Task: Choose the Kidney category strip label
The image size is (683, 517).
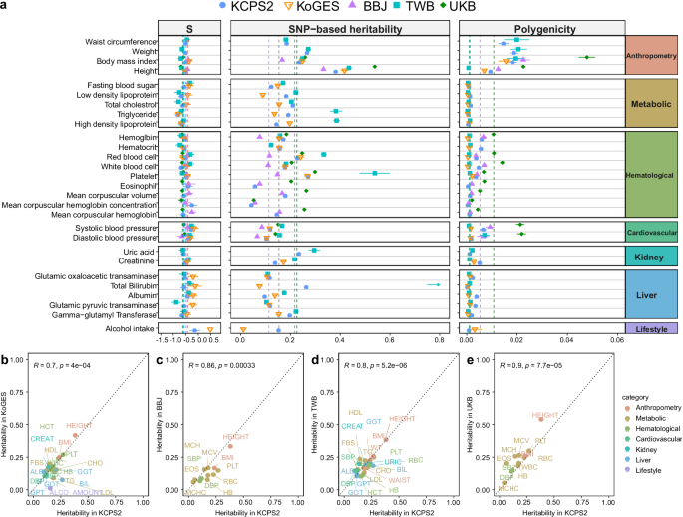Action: (x=651, y=257)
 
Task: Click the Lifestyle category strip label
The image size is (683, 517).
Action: (x=651, y=328)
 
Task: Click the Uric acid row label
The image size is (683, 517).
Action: (x=138, y=251)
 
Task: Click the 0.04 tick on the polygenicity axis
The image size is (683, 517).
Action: (x=566, y=341)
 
